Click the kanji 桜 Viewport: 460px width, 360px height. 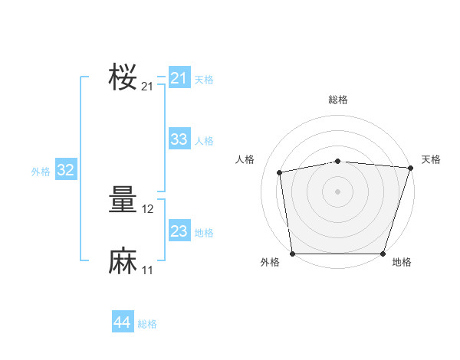point(123,77)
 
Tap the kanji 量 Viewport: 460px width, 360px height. point(123,199)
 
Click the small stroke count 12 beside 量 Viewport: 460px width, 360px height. point(147,209)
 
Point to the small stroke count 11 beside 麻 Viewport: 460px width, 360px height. point(147,270)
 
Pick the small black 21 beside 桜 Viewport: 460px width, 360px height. point(147,87)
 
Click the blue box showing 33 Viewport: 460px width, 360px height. point(179,139)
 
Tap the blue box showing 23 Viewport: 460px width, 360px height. point(179,230)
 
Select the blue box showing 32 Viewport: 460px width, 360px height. point(66,169)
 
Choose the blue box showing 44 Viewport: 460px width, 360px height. point(123,321)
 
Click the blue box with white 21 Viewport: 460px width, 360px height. point(179,77)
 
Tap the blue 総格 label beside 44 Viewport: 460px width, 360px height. point(147,324)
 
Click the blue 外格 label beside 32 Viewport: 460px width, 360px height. point(41,172)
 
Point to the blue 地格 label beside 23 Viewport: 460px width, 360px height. point(204,233)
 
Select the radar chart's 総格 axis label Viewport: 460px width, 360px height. point(338,100)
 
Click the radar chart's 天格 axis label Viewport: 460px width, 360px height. point(431,159)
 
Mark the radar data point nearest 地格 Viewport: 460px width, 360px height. point(383,254)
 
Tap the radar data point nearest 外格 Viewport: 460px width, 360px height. point(293,254)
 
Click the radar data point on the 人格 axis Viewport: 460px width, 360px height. point(280,172)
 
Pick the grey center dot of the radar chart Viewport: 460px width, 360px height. point(337,191)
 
